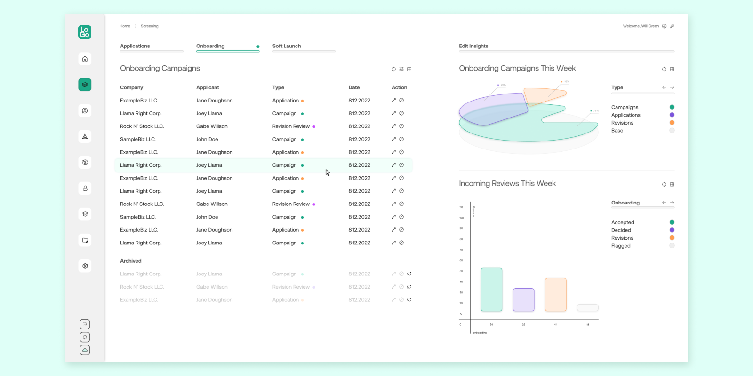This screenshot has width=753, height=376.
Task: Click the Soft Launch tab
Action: pyautogui.click(x=287, y=46)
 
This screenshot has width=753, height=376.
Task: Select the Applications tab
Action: pyautogui.click(x=135, y=46)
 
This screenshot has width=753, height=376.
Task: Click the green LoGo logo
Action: pyautogui.click(x=85, y=32)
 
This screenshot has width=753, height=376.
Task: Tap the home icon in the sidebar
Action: pyautogui.click(x=85, y=59)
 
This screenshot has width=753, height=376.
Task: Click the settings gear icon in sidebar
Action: pyautogui.click(x=85, y=266)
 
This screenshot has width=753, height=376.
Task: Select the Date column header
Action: pyautogui.click(x=354, y=87)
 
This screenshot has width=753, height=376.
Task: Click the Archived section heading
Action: pyautogui.click(x=131, y=261)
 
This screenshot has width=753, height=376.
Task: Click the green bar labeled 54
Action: pyautogui.click(x=491, y=290)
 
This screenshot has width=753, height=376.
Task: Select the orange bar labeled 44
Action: pyautogui.click(x=555, y=295)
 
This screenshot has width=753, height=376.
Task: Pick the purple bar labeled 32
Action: pyautogui.click(x=523, y=300)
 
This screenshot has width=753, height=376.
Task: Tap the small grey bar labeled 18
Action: pyautogui.click(x=587, y=308)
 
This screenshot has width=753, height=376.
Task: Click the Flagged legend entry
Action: pyautogui.click(x=621, y=246)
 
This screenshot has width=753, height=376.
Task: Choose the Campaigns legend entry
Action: pyautogui.click(x=625, y=107)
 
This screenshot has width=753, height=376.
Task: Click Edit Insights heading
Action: pyautogui.click(x=473, y=46)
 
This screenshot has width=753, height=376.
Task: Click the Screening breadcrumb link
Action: pyautogui.click(x=149, y=26)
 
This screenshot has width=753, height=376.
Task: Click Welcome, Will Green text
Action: pyautogui.click(x=641, y=26)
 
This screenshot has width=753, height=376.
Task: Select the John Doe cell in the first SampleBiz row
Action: pyautogui.click(x=207, y=139)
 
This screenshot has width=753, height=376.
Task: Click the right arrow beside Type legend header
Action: pyautogui.click(x=672, y=87)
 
